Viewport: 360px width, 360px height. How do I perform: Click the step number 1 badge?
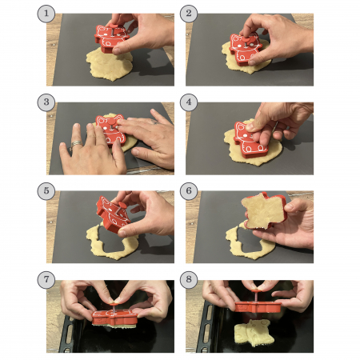click(46, 14)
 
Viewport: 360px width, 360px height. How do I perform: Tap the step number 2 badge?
click(189, 14)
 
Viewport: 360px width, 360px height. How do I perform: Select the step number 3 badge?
click(46, 102)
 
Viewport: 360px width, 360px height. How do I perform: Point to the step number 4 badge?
click(189, 102)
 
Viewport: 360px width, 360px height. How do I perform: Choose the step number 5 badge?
click(46, 191)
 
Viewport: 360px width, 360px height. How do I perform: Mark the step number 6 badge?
click(189, 191)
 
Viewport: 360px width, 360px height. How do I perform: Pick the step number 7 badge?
click(46, 280)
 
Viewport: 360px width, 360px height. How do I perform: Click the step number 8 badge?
click(189, 280)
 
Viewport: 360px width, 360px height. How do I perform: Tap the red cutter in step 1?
click(110, 38)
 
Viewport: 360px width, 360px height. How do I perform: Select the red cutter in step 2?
click(246, 50)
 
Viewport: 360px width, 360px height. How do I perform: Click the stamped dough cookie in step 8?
click(254, 333)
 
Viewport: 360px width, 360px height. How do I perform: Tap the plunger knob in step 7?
click(114, 303)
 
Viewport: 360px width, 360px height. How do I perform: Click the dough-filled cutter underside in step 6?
click(262, 210)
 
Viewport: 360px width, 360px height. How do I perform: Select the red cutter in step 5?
click(114, 214)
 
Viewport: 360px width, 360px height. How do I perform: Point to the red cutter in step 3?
click(110, 130)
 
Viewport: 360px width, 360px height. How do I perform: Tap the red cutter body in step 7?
click(114, 317)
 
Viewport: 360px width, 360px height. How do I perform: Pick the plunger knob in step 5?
click(122, 205)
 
